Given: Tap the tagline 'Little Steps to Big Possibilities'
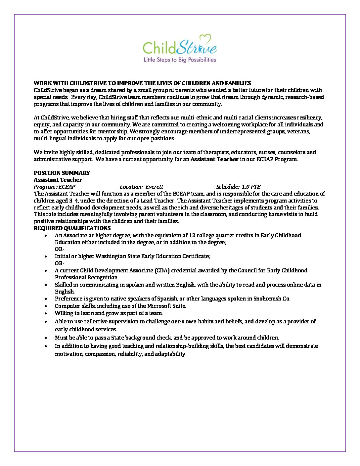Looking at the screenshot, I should click(x=180, y=60).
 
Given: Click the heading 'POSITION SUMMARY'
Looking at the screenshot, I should click(x=62, y=173).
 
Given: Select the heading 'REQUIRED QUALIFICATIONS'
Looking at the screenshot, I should click(x=72, y=228).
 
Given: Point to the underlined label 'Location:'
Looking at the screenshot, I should click(x=131, y=187).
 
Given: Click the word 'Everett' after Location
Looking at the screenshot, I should click(x=155, y=187).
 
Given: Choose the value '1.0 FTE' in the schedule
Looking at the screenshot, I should click(x=251, y=187).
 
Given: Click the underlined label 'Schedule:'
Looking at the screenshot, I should click(x=228, y=187).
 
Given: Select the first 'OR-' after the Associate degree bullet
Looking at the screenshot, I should click(x=60, y=249).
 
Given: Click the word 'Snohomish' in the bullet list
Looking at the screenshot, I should click(x=267, y=299).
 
